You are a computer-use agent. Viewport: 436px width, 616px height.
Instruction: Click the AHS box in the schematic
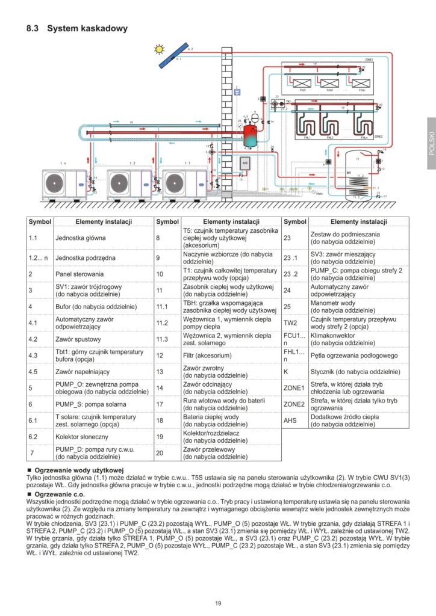click(x=245, y=163)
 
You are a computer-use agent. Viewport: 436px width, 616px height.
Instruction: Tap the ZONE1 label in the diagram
click(x=369, y=60)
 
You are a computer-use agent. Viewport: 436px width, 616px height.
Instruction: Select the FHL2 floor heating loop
click(x=329, y=126)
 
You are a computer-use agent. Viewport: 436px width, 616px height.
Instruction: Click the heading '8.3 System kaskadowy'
click(x=77, y=28)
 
